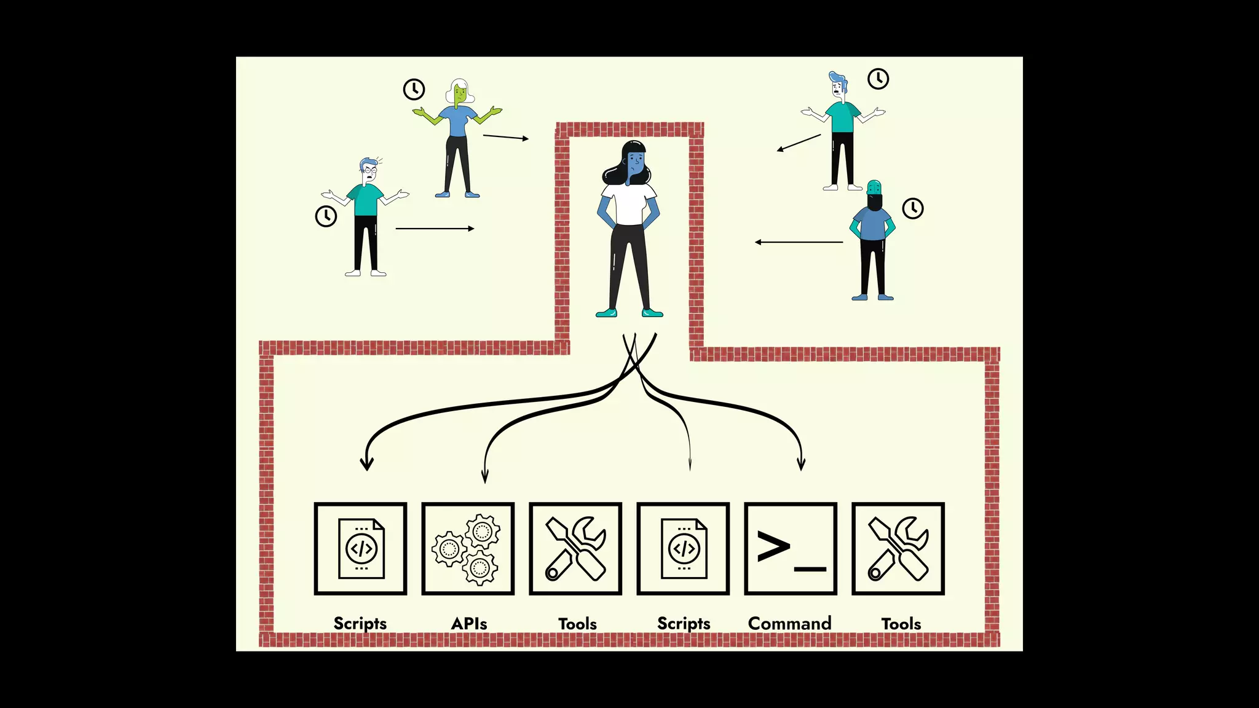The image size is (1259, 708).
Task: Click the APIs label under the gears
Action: tap(469, 623)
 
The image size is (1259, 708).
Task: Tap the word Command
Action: tap(789, 623)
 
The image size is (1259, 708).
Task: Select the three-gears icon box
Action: tap(468, 549)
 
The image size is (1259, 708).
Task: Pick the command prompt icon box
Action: tap(791, 549)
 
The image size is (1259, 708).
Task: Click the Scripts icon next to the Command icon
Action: tap(683, 549)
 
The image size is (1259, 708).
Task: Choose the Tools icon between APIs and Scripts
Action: tap(575, 549)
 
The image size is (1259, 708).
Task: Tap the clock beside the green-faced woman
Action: tap(414, 89)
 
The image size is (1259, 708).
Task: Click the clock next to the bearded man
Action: tap(913, 208)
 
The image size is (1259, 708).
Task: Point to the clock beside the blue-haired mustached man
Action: tap(878, 79)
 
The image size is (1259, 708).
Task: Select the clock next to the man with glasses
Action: tap(326, 216)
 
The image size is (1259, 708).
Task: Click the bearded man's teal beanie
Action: tap(874, 186)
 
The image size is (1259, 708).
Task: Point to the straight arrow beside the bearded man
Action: tap(799, 242)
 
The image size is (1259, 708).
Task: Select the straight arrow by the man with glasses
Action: tap(435, 229)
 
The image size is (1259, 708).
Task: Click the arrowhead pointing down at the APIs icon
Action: tap(484, 476)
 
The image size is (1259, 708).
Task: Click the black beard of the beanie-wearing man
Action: tap(874, 202)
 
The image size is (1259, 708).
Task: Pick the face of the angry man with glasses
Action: tap(369, 174)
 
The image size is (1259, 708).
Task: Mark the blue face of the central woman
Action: tap(636, 163)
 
